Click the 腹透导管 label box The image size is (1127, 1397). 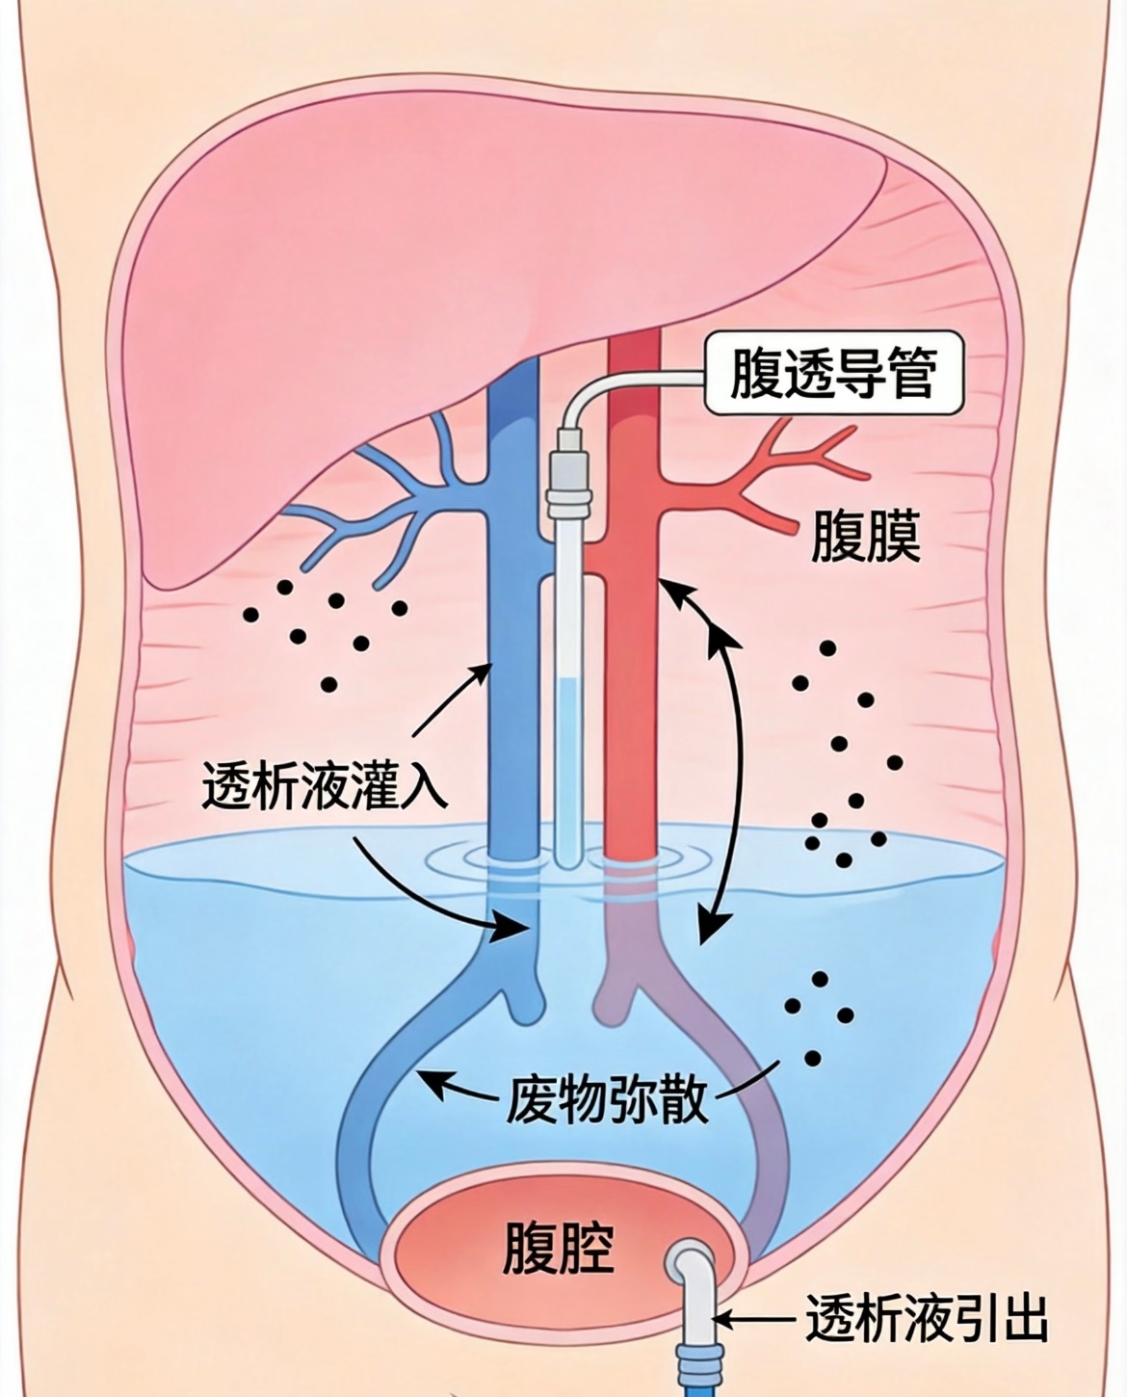coord(834,373)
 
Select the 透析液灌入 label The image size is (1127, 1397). coord(325,785)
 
